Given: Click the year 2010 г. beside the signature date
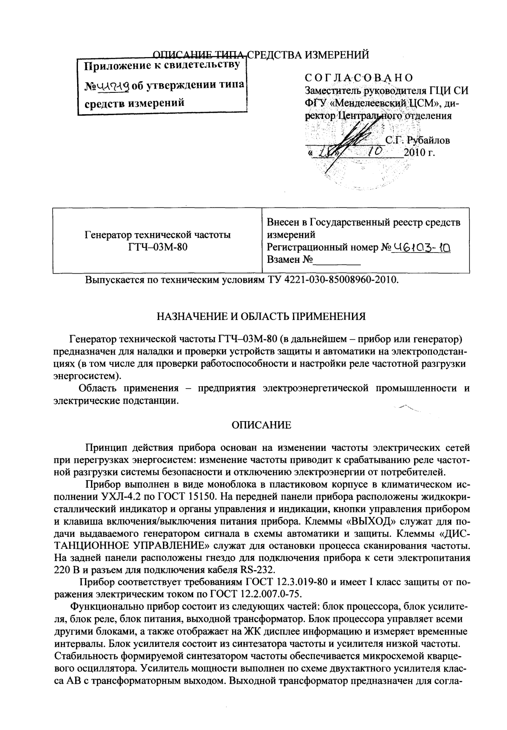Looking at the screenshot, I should [x=419, y=152].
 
